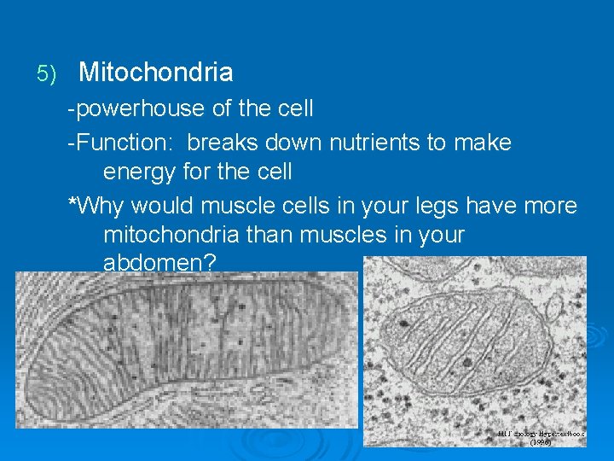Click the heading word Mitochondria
pos(155,73)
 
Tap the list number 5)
pos(46,74)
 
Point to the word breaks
pos(225,142)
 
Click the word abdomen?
pos(159,263)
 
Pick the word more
pos(551,206)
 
